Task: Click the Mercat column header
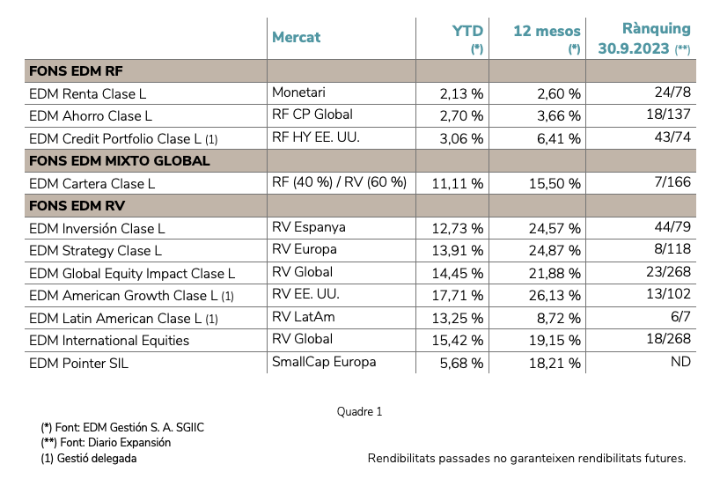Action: pyautogui.click(x=297, y=37)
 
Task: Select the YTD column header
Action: pyautogui.click(x=467, y=31)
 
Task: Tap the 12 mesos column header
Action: pyautogui.click(x=547, y=31)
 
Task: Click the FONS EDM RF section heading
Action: pyautogui.click(x=77, y=70)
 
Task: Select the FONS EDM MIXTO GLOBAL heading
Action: pyautogui.click(x=119, y=161)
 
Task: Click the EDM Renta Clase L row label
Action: pyautogui.click(x=87, y=93)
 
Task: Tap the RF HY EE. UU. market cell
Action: pyautogui.click(x=317, y=137)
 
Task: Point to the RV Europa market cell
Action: pyautogui.click(x=305, y=250)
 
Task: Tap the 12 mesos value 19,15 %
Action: pyautogui.click(x=554, y=340)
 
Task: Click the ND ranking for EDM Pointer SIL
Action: pyautogui.click(x=680, y=361)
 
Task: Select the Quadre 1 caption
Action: pyautogui.click(x=359, y=412)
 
